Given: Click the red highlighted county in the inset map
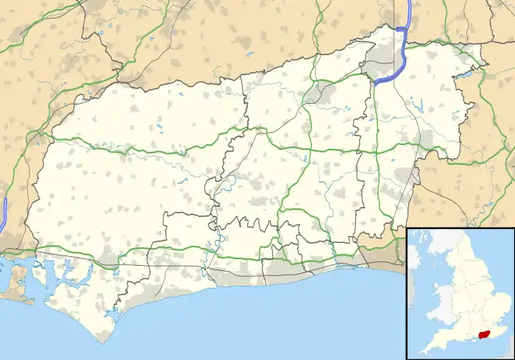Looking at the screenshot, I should point(484,333).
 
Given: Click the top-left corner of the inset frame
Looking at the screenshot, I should point(408,228).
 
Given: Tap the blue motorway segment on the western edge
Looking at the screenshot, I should point(4,211).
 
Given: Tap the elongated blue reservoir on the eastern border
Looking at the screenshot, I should point(464,73).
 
